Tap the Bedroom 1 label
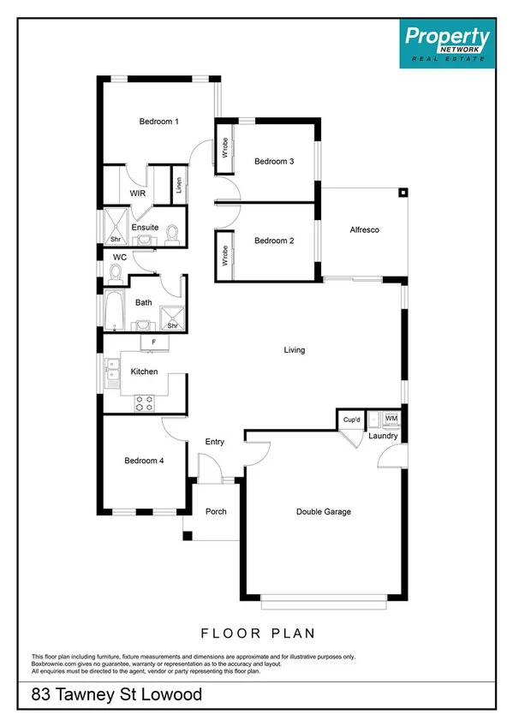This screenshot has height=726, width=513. [x=158, y=122]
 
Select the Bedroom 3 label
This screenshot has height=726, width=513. [x=274, y=161]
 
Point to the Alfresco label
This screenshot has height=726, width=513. [x=365, y=230]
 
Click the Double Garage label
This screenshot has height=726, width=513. [x=324, y=512]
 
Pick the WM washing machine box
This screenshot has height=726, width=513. [x=391, y=419]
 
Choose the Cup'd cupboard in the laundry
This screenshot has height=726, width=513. [x=351, y=420]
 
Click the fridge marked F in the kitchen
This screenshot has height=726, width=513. [x=153, y=343]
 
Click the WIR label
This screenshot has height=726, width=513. [x=138, y=194]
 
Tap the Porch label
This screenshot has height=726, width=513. [x=215, y=511]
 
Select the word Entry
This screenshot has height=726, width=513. [x=214, y=442]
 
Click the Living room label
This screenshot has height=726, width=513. [x=295, y=350]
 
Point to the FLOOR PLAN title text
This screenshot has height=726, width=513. [x=258, y=634]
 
